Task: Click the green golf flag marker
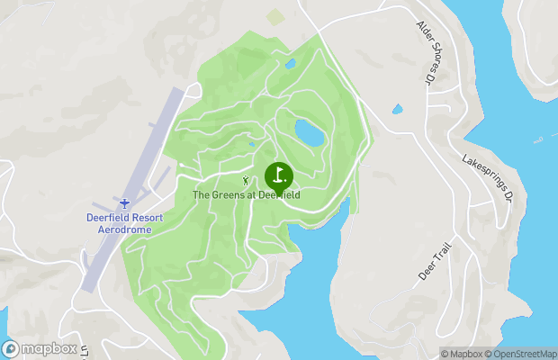pos(279,175)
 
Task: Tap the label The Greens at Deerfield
pos(247,194)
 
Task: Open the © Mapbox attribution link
pos(461,354)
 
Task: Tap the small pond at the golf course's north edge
pos(290,65)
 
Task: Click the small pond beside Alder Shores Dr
pos(397,110)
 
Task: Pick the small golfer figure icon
pos(247,180)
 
